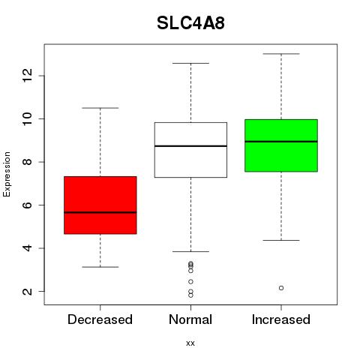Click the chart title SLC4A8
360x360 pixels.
(x=190, y=23)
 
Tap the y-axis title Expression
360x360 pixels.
(x=7, y=174)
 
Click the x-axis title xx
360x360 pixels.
(x=190, y=343)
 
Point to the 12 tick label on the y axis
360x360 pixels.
(x=27, y=76)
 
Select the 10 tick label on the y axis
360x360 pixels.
(x=27, y=118)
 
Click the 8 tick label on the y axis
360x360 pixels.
(x=27, y=162)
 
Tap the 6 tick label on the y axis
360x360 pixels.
(x=27, y=205)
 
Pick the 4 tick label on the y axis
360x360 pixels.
(x=27, y=248)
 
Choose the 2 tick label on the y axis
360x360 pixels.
(x=27, y=291)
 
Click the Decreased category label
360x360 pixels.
(x=100, y=319)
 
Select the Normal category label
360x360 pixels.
(x=190, y=319)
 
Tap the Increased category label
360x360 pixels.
(x=281, y=319)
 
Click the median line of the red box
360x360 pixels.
(x=100, y=212)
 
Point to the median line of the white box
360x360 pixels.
(x=190, y=145)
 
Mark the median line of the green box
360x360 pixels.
(x=281, y=142)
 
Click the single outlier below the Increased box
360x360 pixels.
(x=281, y=288)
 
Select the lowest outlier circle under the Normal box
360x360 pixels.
(x=190, y=295)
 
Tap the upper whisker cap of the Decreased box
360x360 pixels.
(x=100, y=108)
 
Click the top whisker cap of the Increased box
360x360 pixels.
(x=281, y=54)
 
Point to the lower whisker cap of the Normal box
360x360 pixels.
(x=190, y=251)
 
